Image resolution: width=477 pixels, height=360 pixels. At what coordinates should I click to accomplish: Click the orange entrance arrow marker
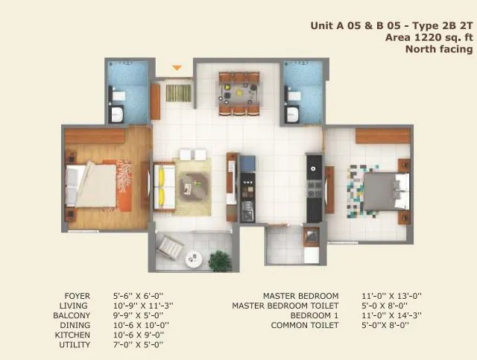click(177, 69)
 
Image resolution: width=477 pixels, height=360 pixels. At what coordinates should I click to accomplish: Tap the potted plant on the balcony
click(220, 261)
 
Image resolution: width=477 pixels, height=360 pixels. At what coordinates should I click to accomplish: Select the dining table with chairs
click(238, 93)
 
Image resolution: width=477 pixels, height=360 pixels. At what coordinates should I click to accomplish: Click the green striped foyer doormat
click(178, 93)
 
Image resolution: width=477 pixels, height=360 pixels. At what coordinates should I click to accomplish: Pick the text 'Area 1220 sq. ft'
click(429, 37)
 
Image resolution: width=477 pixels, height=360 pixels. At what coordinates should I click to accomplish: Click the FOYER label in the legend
click(77, 296)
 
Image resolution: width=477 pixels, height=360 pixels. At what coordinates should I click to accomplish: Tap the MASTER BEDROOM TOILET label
click(285, 306)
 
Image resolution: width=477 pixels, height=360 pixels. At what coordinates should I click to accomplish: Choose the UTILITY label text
click(75, 344)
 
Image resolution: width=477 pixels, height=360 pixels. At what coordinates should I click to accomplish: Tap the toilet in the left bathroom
click(117, 95)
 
